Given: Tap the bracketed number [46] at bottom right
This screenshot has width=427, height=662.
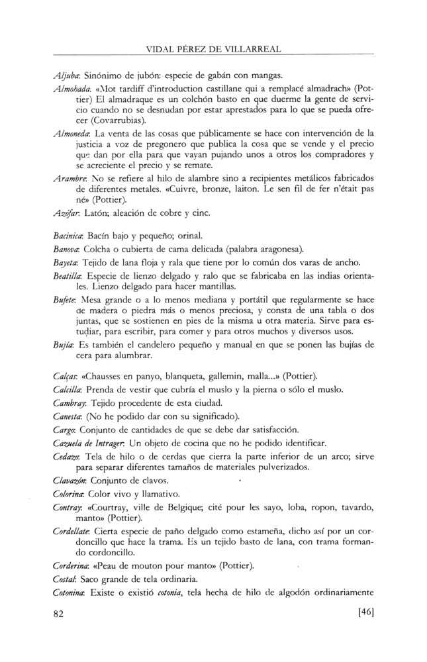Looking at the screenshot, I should click(365, 613).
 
